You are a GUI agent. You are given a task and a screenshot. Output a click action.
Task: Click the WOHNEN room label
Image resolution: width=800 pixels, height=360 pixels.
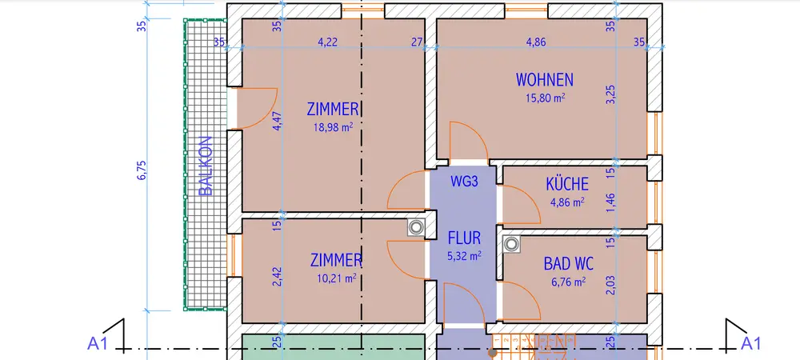[x=544, y=80]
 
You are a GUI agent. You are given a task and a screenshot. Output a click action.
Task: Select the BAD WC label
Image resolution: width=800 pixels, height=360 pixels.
[x=568, y=262]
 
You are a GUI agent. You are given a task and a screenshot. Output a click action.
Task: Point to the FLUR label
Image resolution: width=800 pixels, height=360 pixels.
[x=464, y=238]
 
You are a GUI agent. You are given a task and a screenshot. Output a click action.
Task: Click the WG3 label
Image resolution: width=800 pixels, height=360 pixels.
[x=463, y=182]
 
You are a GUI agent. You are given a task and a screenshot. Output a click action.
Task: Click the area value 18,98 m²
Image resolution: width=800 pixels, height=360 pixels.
[x=335, y=126]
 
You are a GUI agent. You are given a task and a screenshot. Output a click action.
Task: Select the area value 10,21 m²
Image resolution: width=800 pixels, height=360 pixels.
[x=335, y=278]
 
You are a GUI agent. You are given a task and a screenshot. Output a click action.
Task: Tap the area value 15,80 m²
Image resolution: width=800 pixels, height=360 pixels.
[x=545, y=98]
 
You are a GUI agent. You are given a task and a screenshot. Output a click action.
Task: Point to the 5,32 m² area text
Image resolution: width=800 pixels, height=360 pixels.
[x=464, y=256]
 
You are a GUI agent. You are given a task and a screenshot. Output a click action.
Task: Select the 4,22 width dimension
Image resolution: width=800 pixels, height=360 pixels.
[x=326, y=42]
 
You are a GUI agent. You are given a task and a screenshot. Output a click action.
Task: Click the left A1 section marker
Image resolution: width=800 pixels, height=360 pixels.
[x=98, y=344]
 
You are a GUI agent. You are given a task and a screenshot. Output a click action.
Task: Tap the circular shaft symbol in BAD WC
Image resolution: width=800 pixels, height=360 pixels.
[x=510, y=244]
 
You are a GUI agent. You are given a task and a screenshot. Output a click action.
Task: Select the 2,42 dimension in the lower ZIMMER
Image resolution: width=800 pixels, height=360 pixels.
[x=278, y=276]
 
